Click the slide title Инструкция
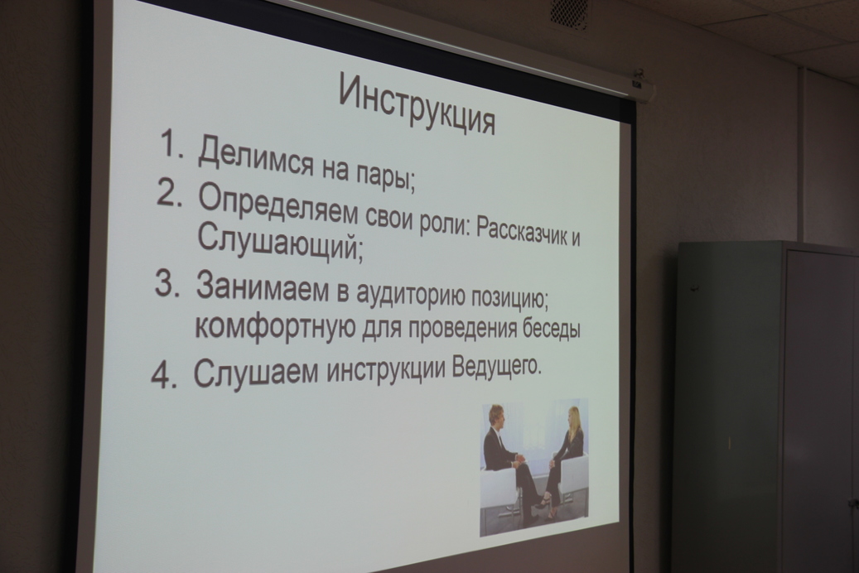[x=417, y=104]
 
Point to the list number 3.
[x=167, y=283]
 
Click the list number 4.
[x=164, y=375]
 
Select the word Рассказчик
[x=516, y=231]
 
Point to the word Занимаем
[x=262, y=286]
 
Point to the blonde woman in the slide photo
[x=564, y=455]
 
